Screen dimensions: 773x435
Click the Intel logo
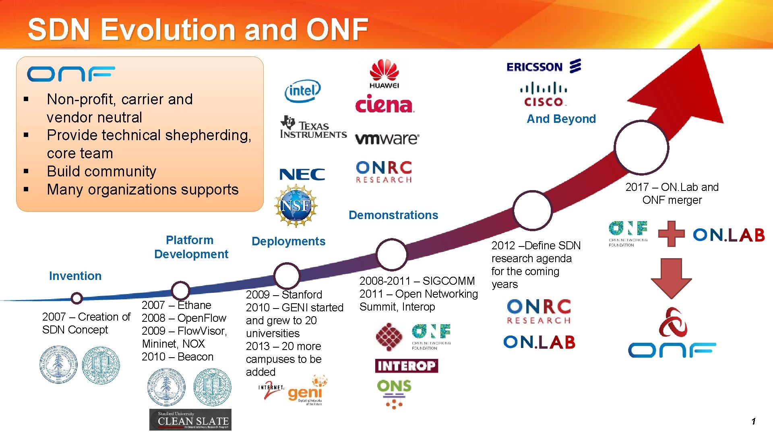[302, 91]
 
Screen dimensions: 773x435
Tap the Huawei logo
[384, 74]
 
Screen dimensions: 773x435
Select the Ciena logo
[384, 104]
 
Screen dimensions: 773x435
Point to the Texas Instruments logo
[313, 128]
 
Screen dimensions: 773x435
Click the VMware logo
[387, 139]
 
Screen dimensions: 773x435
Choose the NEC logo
[302, 174]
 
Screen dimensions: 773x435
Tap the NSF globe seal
[296, 206]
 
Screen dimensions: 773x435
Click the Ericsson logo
[544, 66]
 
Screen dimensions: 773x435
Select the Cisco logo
[544, 94]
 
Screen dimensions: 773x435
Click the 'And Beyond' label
[561, 119]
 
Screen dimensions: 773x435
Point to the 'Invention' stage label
[75, 276]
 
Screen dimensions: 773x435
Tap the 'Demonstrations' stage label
[393, 215]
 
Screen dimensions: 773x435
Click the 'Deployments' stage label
[288, 241]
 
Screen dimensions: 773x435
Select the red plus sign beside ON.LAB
[671, 233]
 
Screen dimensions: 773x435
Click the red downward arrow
[671, 278]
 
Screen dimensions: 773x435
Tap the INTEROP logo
[406, 366]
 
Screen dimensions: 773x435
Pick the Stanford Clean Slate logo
[190, 420]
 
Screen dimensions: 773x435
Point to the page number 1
[753, 421]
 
